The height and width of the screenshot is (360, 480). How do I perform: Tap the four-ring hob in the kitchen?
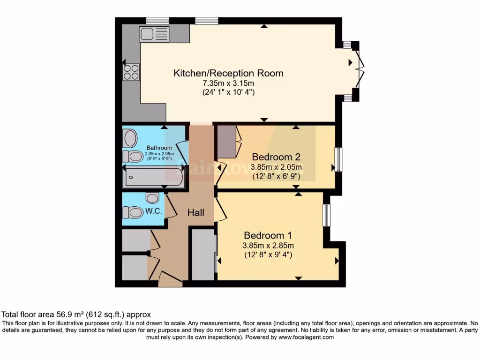[x=131, y=71]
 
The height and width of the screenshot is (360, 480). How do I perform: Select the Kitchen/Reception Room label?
[x=228, y=73]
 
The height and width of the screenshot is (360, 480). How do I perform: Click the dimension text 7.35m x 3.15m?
[x=228, y=83]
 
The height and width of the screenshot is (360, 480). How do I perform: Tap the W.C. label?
[x=154, y=211]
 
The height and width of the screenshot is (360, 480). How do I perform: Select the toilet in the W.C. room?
[x=133, y=213]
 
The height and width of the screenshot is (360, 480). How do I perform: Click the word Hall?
[x=196, y=213]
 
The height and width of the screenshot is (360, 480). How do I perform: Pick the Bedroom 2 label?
[x=276, y=157]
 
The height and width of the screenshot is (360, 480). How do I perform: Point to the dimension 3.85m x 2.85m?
[x=268, y=246]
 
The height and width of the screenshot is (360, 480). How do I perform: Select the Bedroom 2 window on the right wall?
[x=338, y=159]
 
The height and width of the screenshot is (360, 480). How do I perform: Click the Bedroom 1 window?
[x=327, y=215]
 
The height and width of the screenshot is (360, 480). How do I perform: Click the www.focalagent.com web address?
[x=306, y=337]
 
